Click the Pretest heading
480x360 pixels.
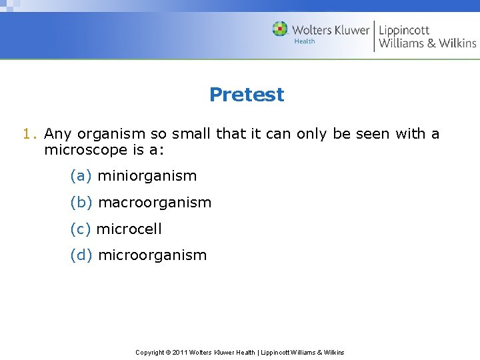(246, 95)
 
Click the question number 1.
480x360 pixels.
(27, 134)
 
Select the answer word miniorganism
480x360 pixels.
(147, 176)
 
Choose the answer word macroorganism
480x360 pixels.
(154, 202)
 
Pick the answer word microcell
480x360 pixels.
(129, 229)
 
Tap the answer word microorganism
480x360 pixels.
(152, 255)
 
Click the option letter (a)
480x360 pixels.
(81, 176)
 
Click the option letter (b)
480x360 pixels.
(81, 202)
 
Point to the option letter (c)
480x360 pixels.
(80, 229)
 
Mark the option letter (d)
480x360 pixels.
(81, 255)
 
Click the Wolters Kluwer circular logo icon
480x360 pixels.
(280, 29)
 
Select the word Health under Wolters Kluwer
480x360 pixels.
(304, 41)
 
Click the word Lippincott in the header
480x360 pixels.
(404, 29)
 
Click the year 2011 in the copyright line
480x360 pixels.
(181, 352)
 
